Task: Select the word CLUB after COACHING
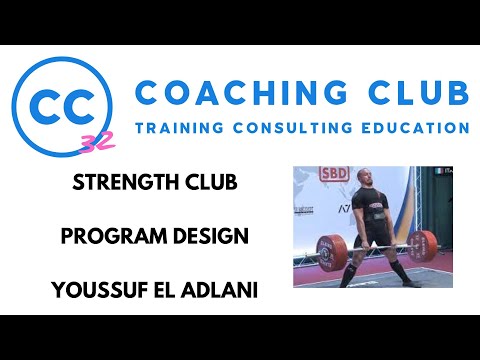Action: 418,92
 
